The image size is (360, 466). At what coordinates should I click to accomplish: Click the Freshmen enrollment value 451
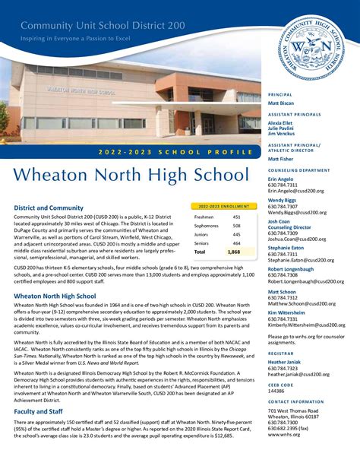click(x=236, y=217)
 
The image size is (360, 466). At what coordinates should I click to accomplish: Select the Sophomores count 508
click(x=236, y=226)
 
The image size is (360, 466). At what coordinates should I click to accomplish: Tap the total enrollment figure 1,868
click(x=235, y=252)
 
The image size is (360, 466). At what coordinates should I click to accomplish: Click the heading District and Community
click(x=49, y=208)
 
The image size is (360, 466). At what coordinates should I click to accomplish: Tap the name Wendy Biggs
click(x=282, y=200)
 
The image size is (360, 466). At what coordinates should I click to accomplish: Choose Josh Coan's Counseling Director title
click(x=289, y=227)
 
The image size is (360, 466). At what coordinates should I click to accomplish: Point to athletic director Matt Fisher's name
click(x=280, y=159)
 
